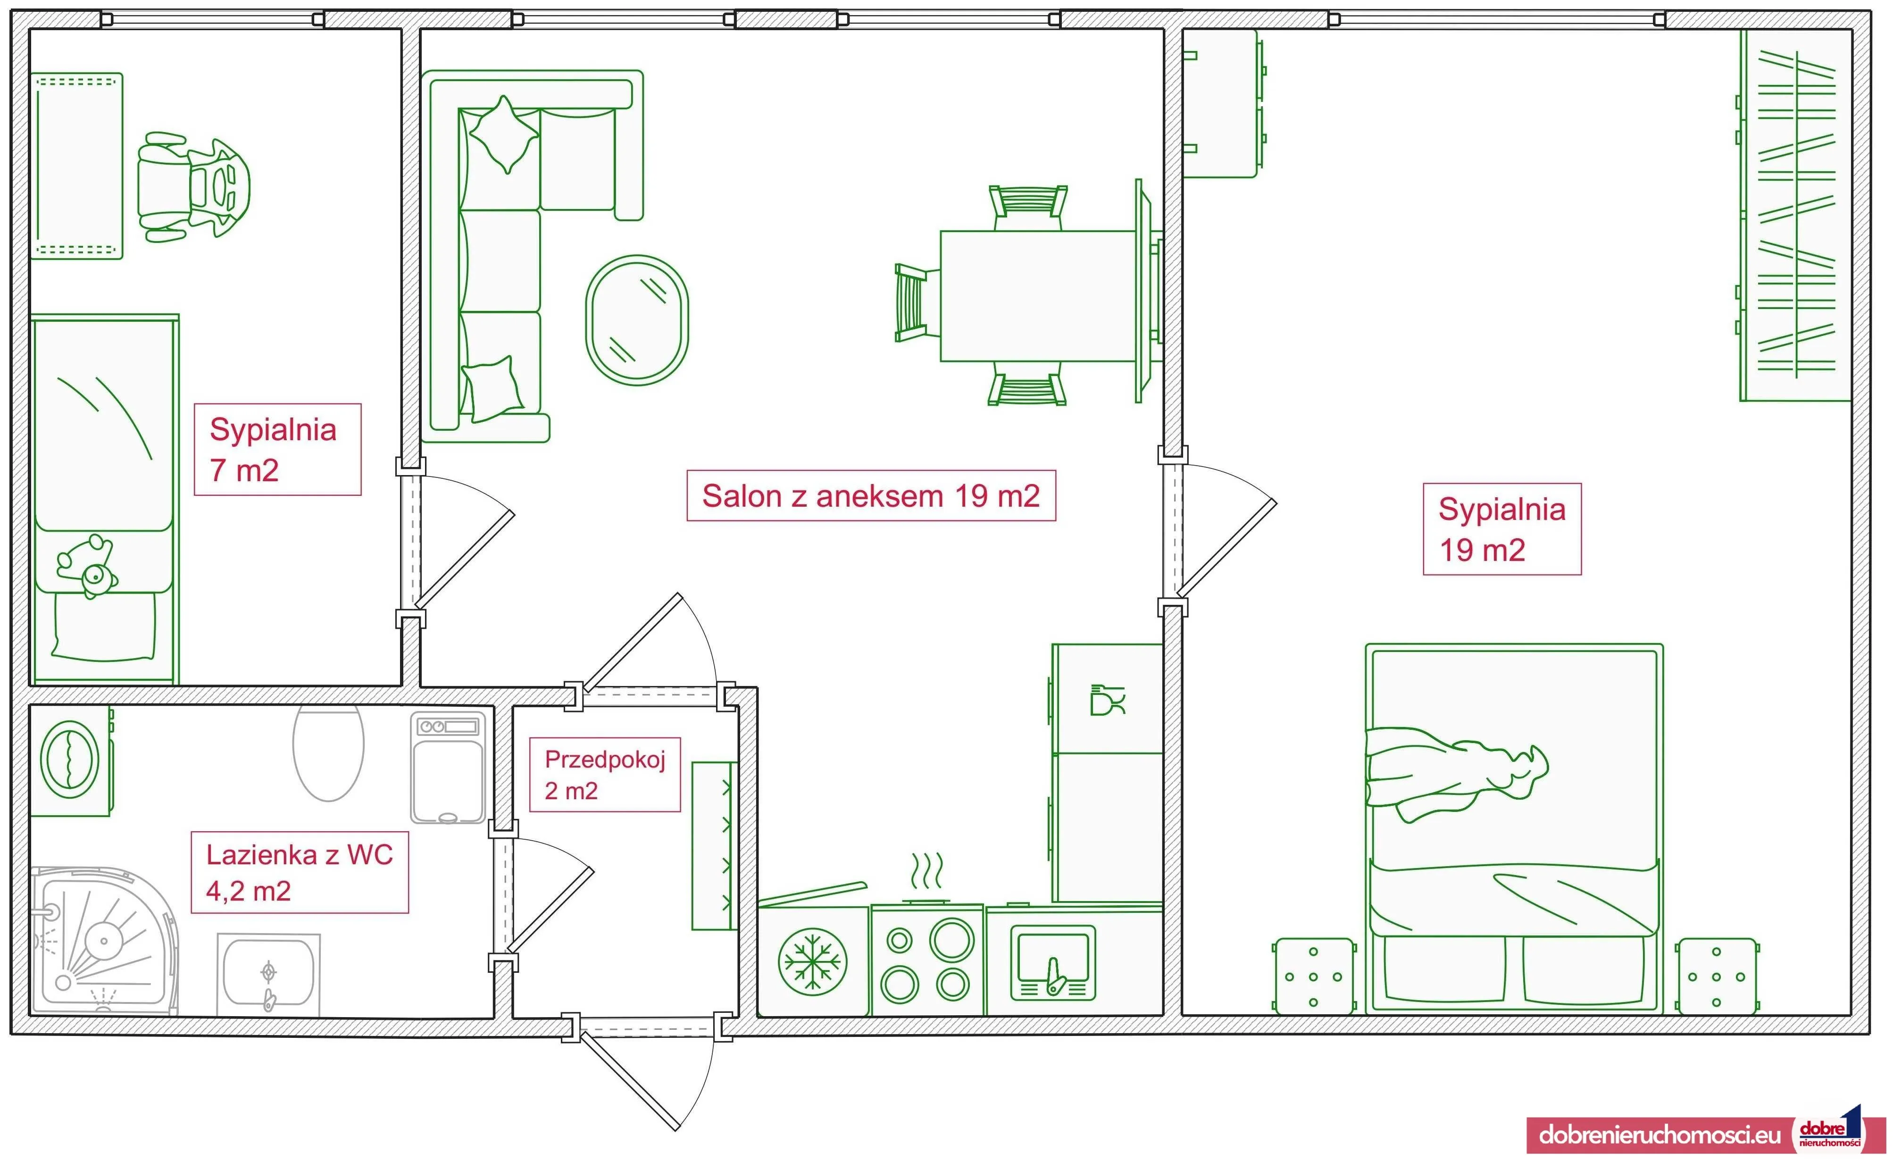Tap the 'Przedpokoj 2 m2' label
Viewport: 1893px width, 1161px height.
pos(605,775)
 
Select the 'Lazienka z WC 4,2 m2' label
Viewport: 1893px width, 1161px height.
pos(300,872)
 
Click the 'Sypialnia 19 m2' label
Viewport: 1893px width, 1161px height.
pos(1502,529)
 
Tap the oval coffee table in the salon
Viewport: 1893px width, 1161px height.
pos(637,320)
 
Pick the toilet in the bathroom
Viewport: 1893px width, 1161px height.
pos(328,752)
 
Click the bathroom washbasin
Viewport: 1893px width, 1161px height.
pos(268,974)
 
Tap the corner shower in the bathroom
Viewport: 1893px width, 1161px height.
pos(104,941)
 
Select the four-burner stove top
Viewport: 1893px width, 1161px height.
pos(926,961)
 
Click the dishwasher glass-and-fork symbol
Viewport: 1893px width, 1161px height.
pos(1107,700)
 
